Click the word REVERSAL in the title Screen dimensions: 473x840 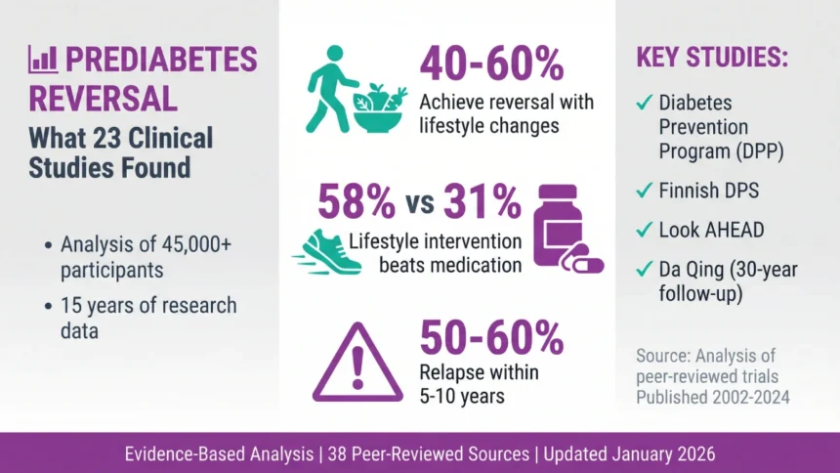tap(103, 99)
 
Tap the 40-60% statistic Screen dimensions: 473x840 tap(491, 65)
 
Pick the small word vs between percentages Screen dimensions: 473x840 tap(418, 206)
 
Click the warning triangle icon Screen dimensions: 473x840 tap(357, 363)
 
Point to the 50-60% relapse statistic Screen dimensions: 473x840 tap(491, 337)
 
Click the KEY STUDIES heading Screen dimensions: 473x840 tap(712, 57)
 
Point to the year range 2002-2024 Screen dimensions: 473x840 tap(751, 397)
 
